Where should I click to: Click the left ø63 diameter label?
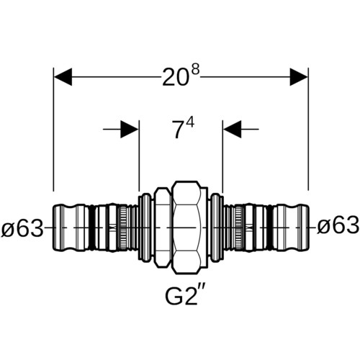tap(22, 228)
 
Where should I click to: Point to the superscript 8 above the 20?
tap(196, 70)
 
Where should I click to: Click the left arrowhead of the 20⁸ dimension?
tap(63, 77)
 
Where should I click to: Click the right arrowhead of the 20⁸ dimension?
tap(299, 77)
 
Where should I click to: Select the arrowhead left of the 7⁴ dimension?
tap(130, 130)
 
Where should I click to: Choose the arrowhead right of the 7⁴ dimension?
tap(233, 130)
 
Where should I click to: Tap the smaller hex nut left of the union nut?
tap(163, 228)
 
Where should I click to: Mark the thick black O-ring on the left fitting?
tap(91, 228)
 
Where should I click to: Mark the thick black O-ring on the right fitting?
tap(270, 228)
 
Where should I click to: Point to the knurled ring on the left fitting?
tap(122, 228)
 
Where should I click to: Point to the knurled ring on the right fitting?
tap(239, 228)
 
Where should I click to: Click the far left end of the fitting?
tap(53, 228)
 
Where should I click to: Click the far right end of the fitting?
tap(309, 228)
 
